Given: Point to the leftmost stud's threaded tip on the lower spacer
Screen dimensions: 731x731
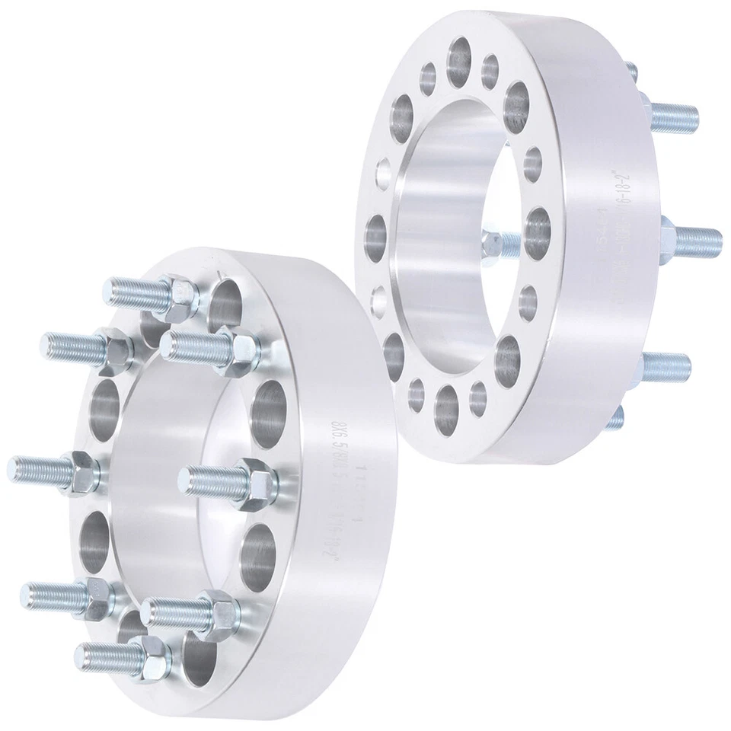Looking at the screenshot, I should tap(17, 464).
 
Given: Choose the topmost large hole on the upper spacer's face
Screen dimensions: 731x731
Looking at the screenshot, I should tap(459, 56).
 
